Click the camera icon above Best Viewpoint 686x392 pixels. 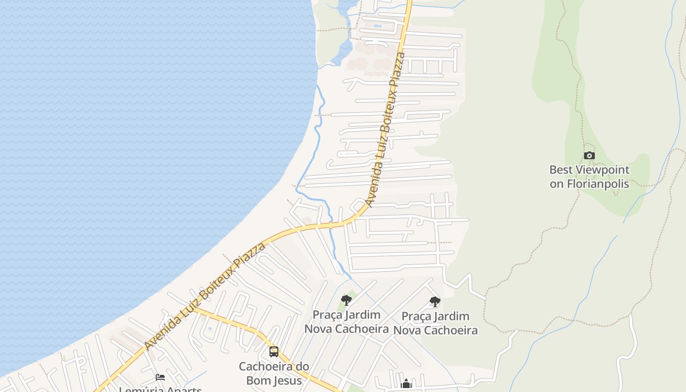pos(589,156)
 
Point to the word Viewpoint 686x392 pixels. pos(602,170)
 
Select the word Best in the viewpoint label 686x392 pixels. pos(561,170)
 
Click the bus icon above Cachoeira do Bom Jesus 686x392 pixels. pos(274,352)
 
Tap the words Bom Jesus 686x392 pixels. pos(274,380)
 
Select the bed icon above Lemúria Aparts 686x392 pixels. pos(160,377)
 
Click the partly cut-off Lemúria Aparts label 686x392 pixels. pos(160,390)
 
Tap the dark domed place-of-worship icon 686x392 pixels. pos(406,384)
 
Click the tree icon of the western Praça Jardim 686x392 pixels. pos(346,300)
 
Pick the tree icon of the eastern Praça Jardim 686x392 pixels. pos(435,302)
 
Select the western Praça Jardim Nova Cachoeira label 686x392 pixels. pos(346,321)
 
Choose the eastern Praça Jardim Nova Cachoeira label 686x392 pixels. pos(435,323)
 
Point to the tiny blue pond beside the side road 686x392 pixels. pos(210,329)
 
